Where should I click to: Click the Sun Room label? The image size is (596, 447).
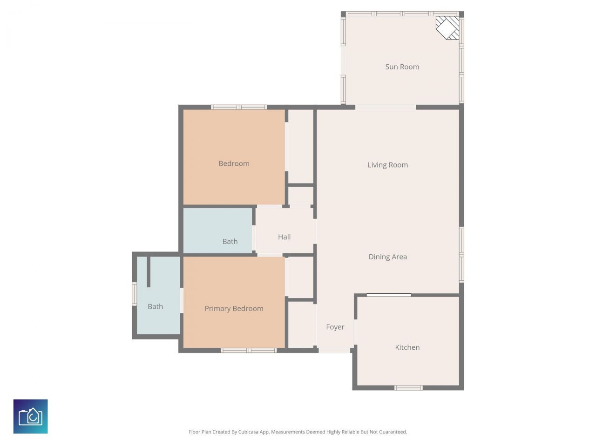click(x=402, y=67)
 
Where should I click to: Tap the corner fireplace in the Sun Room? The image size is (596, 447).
click(x=448, y=27)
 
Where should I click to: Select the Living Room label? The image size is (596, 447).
click(x=387, y=165)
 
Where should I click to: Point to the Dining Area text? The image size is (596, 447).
click(x=387, y=257)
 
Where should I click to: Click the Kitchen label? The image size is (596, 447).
click(x=407, y=347)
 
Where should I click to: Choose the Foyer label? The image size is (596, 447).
click(x=335, y=327)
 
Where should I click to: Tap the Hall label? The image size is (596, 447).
click(x=284, y=237)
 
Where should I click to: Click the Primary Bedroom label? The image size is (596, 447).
click(x=234, y=309)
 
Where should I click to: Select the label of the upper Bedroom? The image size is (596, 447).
click(x=234, y=163)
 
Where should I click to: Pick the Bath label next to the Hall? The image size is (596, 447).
click(x=230, y=242)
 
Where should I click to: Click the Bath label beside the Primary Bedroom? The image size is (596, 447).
click(x=155, y=306)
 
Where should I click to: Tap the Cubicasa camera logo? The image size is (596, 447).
click(x=30, y=416)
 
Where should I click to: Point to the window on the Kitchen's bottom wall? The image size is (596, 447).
click(x=408, y=387)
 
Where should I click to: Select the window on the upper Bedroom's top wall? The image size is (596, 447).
click(x=239, y=107)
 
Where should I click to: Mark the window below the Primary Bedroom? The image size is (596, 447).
click(x=249, y=350)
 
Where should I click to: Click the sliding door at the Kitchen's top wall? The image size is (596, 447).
click(x=389, y=295)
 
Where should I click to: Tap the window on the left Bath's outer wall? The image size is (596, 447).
click(x=134, y=294)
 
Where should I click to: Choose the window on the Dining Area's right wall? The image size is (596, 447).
click(x=461, y=254)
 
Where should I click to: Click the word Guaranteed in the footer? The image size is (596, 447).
click(x=392, y=432)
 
